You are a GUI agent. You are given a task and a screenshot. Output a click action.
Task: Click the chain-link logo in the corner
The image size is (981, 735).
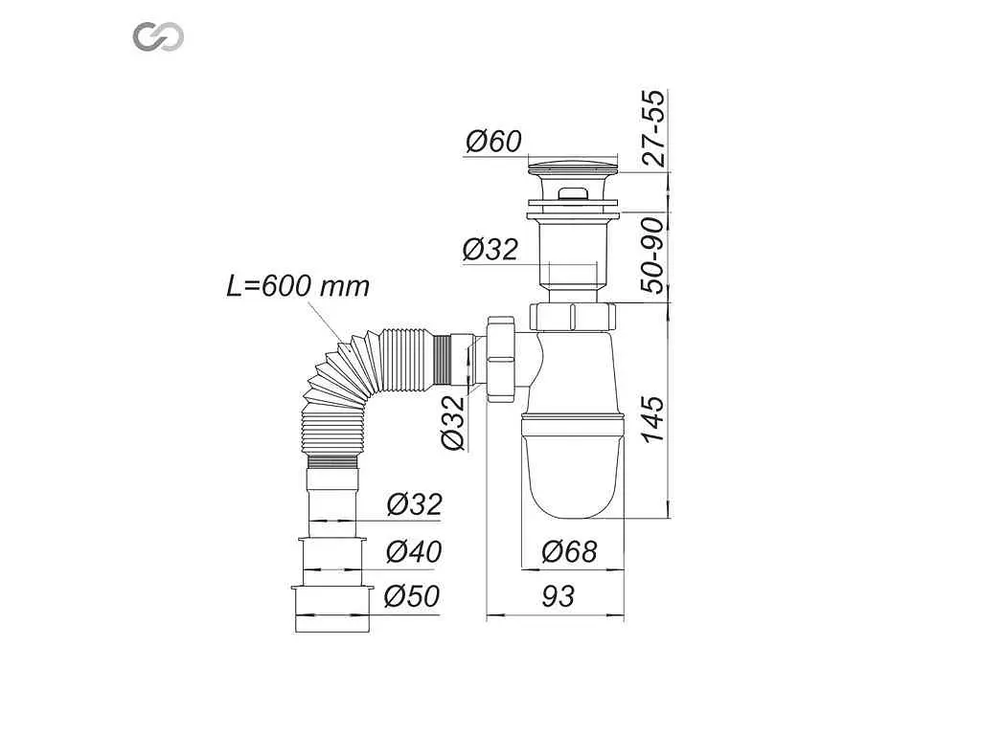(158, 36)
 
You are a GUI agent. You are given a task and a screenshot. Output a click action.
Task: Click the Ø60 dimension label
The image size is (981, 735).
(493, 142)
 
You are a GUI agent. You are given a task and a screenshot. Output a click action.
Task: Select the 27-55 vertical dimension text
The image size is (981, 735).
(654, 128)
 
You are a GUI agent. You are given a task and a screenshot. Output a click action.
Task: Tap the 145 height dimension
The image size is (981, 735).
(654, 419)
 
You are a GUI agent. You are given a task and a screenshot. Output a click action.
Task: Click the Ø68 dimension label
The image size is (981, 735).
(569, 551)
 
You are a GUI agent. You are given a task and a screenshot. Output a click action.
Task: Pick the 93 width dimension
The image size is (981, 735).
(558, 597)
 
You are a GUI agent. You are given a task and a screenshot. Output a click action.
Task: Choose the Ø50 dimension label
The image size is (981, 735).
(412, 596)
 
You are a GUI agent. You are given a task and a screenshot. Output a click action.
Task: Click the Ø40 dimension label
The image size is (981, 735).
(414, 551)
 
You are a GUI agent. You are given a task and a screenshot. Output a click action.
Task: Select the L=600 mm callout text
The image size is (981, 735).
(298, 286)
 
